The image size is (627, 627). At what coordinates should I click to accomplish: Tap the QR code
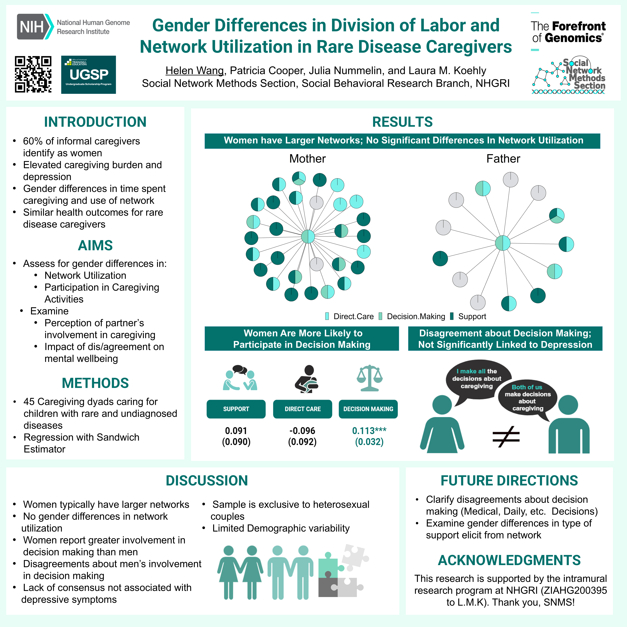click(33, 74)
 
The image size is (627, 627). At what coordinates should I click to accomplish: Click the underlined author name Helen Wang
click(194, 70)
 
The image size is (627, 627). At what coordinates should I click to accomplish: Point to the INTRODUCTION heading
click(95, 122)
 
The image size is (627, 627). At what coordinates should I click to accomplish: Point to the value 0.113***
click(369, 431)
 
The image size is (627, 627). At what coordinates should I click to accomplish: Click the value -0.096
click(302, 431)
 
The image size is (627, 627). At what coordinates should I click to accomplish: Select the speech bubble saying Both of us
click(527, 398)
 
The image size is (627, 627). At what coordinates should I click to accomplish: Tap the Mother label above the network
click(307, 159)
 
